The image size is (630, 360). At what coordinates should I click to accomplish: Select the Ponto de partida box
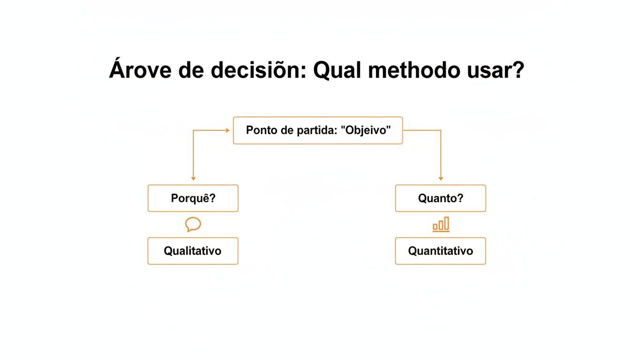pyautogui.click(x=318, y=130)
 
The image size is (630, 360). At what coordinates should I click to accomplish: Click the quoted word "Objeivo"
pyautogui.click(x=367, y=130)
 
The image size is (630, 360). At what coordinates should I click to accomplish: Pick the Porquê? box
pyautogui.click(x=193, y=198)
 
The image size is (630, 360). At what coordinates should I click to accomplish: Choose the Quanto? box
pyautogui.click(x=440, y=198)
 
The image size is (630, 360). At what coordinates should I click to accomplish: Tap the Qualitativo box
pyautogui.click(x=193, y=251)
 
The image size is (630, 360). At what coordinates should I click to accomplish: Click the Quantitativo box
pyautogui.click(x=440, y=251)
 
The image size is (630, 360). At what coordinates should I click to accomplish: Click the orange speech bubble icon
pyautogui.click(x=193, y=225)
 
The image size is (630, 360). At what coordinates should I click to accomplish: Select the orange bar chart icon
pyautogui.click(x=441, y=225)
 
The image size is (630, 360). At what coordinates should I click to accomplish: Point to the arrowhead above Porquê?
pyautogui.click(x=193, y=179)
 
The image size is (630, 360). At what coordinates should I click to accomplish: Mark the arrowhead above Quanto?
pyautogui.click(x=441, y=179)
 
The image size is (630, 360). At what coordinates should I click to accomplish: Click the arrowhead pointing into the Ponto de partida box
pyautogui.click(x=228, y=130)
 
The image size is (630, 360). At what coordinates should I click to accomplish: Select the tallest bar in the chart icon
pyautogui.click(x=447, y=223)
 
